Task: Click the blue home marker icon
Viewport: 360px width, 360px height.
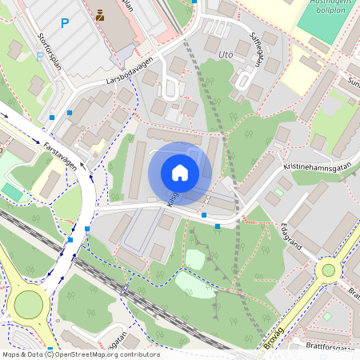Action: [180, 173]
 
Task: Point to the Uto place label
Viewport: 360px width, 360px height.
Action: [226, 55]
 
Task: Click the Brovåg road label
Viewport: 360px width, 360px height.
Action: [274, 337]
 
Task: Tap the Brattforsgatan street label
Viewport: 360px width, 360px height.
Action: [329, 346]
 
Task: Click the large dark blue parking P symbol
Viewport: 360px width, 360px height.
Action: [65, 24]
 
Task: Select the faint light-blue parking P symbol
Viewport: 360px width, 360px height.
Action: [40, 57]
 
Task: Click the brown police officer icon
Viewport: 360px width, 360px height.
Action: [100, 15]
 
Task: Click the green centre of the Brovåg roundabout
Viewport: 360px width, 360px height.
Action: [328, 270]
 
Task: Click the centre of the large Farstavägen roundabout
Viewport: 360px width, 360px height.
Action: [28, 304]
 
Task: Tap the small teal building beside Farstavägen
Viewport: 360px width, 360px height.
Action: [12, 192]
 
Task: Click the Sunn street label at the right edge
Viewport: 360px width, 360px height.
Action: [354, 82]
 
